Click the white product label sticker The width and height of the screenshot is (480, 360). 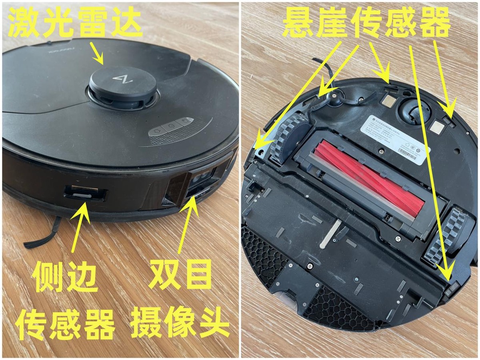(x=394, y=138)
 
